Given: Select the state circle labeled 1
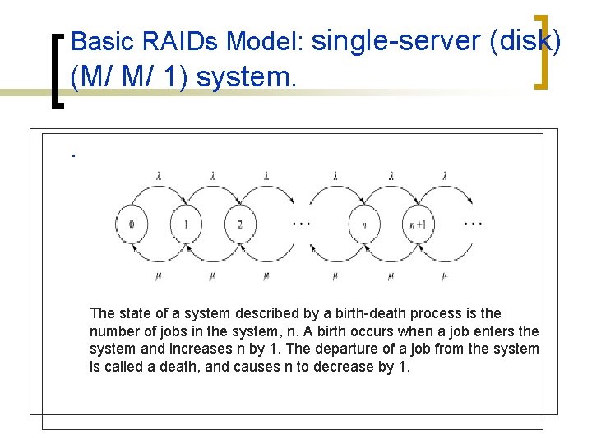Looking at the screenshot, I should click(186, 224).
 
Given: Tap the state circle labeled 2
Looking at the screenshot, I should click(239, 224).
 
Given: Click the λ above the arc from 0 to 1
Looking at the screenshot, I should click(159, 175).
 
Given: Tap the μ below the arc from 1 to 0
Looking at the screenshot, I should click(159, 275).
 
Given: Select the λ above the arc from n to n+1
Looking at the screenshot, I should click(391, 175).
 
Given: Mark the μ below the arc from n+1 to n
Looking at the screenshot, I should click(391, 275).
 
